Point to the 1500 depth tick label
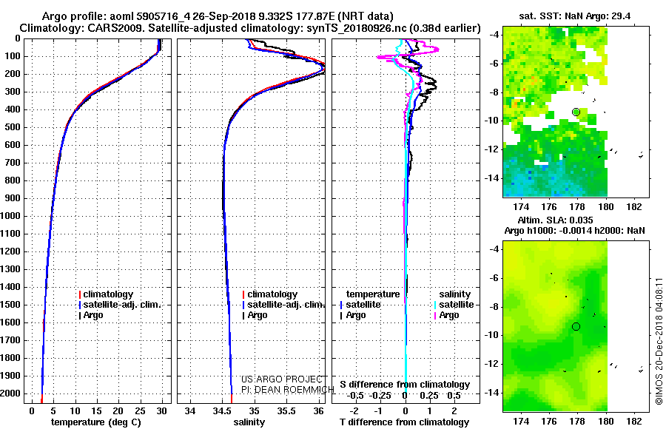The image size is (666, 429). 10,305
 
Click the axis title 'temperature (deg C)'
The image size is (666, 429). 96,422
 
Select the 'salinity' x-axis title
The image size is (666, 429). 249,422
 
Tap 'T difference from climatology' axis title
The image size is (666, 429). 404,422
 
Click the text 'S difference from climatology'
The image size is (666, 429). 405,385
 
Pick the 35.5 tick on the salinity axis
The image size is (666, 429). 286,411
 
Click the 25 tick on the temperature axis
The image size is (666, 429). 140,411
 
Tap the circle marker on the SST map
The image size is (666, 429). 576,112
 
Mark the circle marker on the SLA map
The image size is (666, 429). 576,327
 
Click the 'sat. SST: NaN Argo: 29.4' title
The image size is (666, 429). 575,16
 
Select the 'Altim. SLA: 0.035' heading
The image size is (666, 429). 555,220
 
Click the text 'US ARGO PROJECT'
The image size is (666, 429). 282,379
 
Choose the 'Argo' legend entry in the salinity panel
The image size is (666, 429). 255,315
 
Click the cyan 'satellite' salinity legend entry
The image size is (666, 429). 454,305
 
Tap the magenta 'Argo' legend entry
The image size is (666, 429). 446,315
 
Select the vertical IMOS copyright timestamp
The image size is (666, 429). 659,341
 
